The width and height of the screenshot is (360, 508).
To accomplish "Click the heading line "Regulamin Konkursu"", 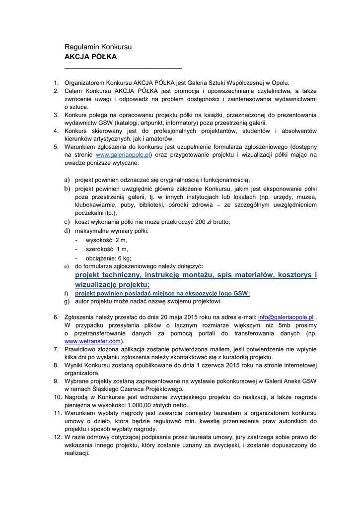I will [x=98, y=47].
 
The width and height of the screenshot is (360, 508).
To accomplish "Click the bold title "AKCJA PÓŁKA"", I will [x=90, y=57].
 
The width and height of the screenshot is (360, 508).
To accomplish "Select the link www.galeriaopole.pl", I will [x=123, y=155].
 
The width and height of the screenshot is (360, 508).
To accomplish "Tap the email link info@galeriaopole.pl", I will [x=286, y=317].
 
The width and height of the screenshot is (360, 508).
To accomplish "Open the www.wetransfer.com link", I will [x=93, y=341].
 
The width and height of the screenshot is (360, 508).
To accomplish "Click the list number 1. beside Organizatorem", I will [x=56, y=83].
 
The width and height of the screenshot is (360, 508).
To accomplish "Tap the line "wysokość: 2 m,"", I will [x=106, y=240].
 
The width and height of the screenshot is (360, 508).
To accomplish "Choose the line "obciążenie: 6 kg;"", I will [x=108, y=258].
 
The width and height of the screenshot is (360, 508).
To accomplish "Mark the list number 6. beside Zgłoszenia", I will [x=56, y=317].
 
